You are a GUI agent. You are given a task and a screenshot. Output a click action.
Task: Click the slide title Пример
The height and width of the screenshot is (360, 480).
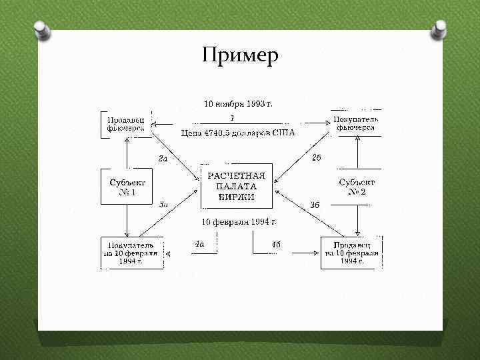pyautogui.click(x=239, y=56)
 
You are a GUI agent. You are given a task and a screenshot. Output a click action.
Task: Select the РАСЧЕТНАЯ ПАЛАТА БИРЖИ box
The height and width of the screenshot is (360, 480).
pyautogui.click(x=237, y=186)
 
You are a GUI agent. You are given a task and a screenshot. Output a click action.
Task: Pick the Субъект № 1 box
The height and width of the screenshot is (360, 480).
pyautogui.click(x=127, y=186)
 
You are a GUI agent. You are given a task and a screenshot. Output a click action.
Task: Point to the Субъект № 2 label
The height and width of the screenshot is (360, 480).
pyautogui.click(x=356, y=187)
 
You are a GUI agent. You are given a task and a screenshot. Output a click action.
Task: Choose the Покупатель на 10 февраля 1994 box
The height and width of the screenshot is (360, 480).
pyautogui.click(x=131, y=253)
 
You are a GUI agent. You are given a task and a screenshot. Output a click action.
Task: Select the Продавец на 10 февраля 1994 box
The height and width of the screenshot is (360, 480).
pyautogui.click(x=351, y=253)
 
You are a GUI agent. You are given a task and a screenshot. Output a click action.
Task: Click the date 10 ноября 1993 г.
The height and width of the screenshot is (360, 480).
pyautogui.click(x=238, y=104)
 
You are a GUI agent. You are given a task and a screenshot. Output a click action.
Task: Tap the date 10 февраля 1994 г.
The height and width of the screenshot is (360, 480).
pyautogui.click(x=238, y=221)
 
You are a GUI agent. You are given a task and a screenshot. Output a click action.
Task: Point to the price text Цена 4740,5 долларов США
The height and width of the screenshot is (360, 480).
pyautogui.click(x=238, y=133)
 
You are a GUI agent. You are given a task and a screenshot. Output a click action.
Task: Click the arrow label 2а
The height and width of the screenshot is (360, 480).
pyautogui.click(x=163, y=159)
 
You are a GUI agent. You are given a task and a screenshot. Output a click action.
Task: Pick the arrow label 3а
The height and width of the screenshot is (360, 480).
pyautogui.click(x=163, y=204)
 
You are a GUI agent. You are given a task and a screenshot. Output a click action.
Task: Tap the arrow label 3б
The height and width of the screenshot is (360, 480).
pyautogui.click(x=315, y=205)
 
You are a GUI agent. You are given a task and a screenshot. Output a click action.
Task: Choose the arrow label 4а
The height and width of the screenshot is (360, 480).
pyautogui.click(x=199, y=244)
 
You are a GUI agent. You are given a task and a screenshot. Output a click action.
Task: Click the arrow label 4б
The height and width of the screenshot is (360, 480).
pyautogui.click(x=275, y=245)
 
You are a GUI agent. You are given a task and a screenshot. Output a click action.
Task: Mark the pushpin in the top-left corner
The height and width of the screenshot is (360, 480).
pyautogui.click(x=41, y=29)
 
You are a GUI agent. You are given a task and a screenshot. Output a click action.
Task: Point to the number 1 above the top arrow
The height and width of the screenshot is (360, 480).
pyautogui.click(x=231, y=118)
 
